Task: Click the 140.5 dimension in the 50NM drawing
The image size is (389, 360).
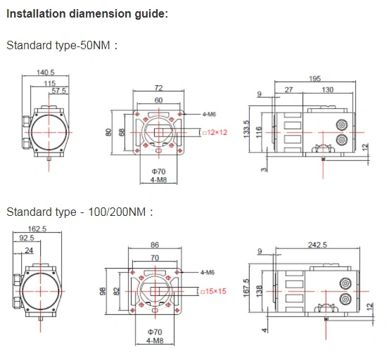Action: pyautogui.click(x=46, y=72)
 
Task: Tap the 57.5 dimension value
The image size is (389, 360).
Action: pyautogui.click(x=59, y=91)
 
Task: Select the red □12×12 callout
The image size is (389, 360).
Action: pyautogui.click(x=215, y=132)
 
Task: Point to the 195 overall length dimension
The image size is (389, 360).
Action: pyautogui.click(x=315, y=79)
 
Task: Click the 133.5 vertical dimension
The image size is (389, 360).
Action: pyautogui.click(x=246, y=129)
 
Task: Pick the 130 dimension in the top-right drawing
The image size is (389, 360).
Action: pyautogui.click(x=328, y=89)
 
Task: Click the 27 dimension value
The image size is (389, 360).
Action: pyautogui.click(x=288, y=89)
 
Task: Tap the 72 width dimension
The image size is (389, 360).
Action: pyautogui.click(x=158, y=88)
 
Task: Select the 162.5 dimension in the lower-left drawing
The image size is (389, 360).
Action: pyautogui.click(x=37, y=229)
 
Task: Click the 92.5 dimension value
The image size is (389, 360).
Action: pyautogui.click(x=27, y=238)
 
